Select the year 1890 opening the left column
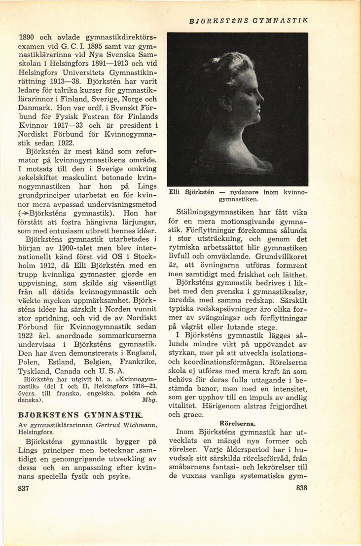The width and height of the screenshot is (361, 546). [27, 37]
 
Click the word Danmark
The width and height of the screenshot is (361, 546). [35, 107]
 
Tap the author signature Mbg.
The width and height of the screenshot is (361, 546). [149, 400]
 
